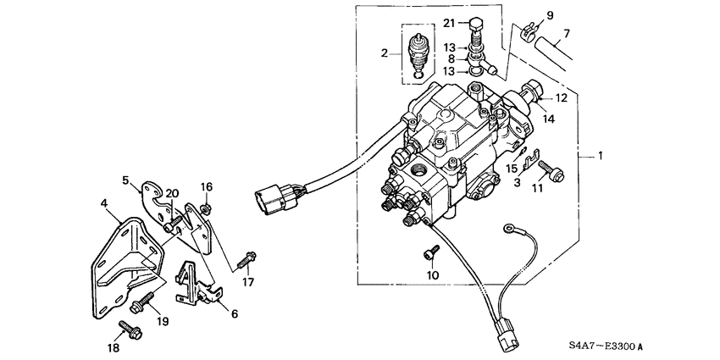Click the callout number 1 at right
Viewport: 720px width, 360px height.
pos(601,158)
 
